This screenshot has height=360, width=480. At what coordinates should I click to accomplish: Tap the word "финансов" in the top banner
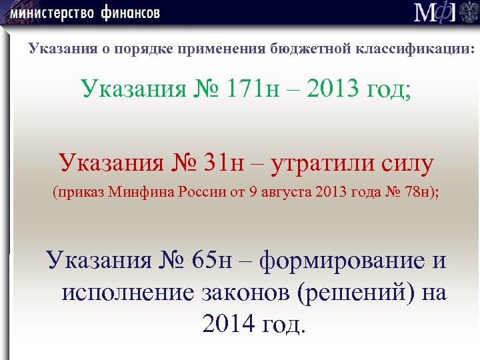(x=132, y=13)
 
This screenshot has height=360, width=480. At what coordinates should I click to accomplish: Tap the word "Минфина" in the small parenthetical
(x=141, y=193)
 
